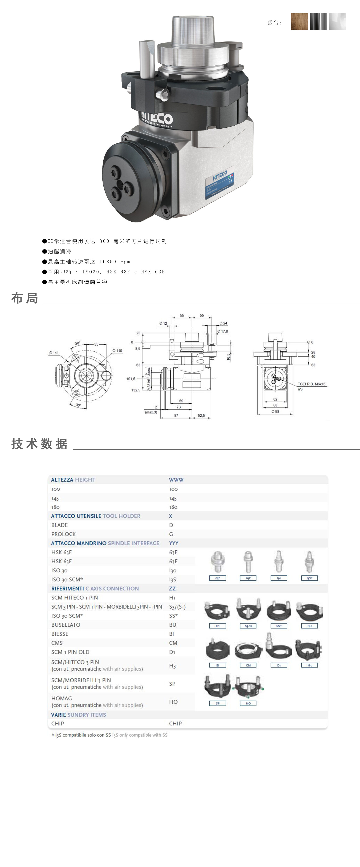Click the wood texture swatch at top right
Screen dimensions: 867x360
[x=299, y=22]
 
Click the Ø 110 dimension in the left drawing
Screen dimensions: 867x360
[x=117, y=351]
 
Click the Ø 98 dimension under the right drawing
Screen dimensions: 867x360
[x=275, y=411]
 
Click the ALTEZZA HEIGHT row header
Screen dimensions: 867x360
[x=73, y=480]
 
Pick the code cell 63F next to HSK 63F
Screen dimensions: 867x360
[x=173, y=552]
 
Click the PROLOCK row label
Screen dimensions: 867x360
[x=64, y=534]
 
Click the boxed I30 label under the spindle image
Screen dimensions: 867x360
[x=279, y=578]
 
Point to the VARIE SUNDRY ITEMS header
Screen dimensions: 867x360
[x=78, y=715]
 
